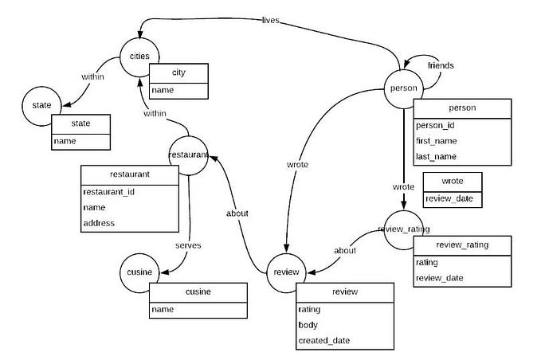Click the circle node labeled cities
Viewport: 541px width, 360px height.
[139, 57]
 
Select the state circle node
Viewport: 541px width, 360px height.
[42, 105]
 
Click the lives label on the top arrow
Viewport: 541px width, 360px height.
[270, 20]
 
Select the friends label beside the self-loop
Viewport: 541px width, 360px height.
[440, 65]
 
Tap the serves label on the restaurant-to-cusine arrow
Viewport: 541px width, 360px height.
[188, 245]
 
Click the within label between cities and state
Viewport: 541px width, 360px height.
[93, 77]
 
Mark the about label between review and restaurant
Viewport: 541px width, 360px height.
[237, 213]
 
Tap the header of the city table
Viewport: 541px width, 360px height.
[178, 73]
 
